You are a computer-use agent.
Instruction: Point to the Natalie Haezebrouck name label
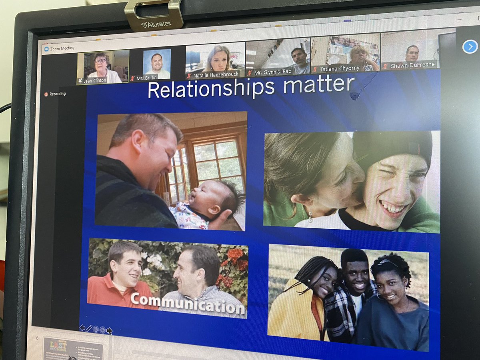pos(216,74)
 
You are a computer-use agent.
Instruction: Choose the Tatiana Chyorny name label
pos(340,69)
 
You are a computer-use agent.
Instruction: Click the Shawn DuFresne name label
pos(412,66)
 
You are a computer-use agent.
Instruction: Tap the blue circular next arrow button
pos(470,47)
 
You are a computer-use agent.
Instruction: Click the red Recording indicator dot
pos(46,94)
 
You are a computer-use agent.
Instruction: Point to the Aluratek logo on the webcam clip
pos(156,24)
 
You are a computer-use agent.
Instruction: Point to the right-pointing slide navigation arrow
pos(109,330)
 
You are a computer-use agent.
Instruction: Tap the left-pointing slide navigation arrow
pos(82,328)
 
